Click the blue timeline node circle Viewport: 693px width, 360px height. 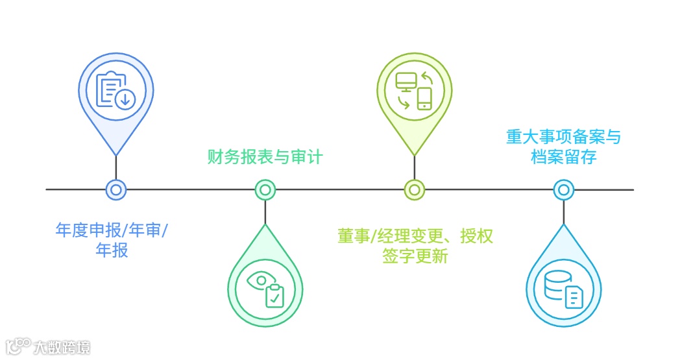115,190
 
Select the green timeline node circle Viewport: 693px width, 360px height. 265,190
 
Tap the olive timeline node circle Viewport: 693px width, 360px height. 414,190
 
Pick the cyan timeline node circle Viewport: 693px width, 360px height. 563,190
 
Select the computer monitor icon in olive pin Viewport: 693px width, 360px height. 406,82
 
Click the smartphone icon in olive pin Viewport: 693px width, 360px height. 424,99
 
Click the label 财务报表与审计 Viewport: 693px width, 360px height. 265,157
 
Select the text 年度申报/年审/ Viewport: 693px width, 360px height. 111,231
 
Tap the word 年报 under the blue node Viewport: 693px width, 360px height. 112,250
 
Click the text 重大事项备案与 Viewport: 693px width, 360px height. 564,138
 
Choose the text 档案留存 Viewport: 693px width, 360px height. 563,157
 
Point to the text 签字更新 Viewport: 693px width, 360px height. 415,256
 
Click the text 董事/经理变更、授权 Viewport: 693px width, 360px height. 415,236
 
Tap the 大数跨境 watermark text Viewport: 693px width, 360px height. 62,347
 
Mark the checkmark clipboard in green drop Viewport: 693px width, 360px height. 275,295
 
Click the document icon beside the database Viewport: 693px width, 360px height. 574,298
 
